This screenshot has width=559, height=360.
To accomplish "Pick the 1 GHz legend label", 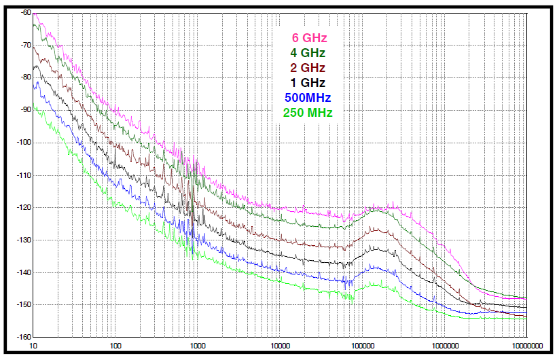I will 309,83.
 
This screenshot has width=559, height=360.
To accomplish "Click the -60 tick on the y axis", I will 26,13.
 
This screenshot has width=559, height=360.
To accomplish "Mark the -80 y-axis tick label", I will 26,77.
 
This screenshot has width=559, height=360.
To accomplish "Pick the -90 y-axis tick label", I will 26,110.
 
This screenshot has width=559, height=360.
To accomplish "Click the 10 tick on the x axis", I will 33,346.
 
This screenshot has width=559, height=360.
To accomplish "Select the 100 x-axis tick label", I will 115,346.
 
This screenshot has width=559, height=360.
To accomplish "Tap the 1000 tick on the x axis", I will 198,346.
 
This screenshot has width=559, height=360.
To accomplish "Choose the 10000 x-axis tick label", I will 280,346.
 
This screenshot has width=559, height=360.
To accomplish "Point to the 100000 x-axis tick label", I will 363,346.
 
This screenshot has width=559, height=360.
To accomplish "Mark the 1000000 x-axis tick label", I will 445,346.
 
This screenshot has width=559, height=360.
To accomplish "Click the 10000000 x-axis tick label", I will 526,346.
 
